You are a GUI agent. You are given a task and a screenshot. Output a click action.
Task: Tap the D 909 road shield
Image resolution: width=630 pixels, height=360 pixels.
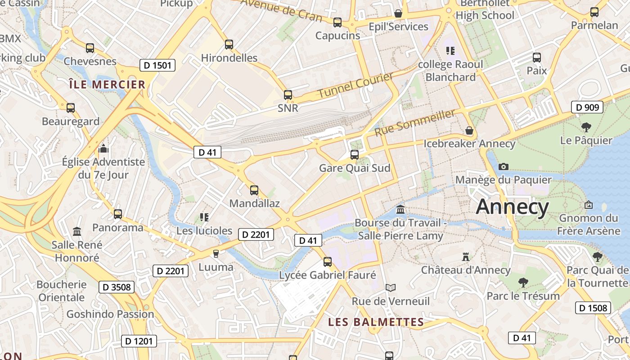click(x=587, y=107)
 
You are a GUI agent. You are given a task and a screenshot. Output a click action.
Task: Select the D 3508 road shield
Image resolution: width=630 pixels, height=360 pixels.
click(x=117, y=287)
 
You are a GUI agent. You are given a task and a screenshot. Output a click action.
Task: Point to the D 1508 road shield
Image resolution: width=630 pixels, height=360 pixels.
click(x=594, y=308)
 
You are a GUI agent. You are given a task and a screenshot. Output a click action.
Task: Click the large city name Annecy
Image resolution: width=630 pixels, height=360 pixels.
click(x=512, y=207)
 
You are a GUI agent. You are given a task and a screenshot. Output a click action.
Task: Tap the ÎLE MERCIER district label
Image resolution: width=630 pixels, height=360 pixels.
click(x=107, y=84)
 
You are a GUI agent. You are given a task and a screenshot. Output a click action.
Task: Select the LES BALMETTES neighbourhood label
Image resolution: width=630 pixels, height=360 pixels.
click(x=376, y=322)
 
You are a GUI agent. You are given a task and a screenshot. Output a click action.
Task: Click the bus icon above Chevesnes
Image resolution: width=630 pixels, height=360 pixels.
click(x=90, y=48)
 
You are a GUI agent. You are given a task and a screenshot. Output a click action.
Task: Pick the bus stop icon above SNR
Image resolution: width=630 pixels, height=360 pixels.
click(x=288, y=95)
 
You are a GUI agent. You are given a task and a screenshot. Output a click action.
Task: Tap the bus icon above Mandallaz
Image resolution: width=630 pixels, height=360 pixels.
click(x=254, y=190)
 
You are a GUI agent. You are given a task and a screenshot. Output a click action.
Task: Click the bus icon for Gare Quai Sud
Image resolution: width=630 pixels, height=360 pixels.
click(x=355, y=155)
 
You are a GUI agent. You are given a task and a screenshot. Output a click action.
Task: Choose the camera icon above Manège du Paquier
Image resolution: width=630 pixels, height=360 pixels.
click(x=504, y=167)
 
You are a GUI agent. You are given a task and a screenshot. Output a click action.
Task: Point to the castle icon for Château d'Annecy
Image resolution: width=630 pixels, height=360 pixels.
click(x=466, y=257)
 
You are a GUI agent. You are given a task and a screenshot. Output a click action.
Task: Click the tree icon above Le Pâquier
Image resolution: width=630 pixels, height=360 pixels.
click(x=586, y=127)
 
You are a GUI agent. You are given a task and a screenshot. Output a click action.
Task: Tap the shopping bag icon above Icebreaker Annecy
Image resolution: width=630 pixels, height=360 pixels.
click(x=469, y=130)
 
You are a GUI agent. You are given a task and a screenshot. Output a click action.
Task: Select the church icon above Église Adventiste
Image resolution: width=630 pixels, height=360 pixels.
click(x=103, y=148)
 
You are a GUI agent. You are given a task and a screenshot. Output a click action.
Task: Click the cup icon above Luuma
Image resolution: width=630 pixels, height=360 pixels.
click(x=216, y=254)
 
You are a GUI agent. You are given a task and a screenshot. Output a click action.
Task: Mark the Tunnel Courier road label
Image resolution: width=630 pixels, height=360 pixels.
click(x=355, y=85)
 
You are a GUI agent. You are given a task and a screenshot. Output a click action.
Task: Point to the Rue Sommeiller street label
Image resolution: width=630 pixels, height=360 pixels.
click(x=414, y=123)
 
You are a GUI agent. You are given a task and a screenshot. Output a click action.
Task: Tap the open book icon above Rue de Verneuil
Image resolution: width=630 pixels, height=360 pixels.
click(x=391, y=288)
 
